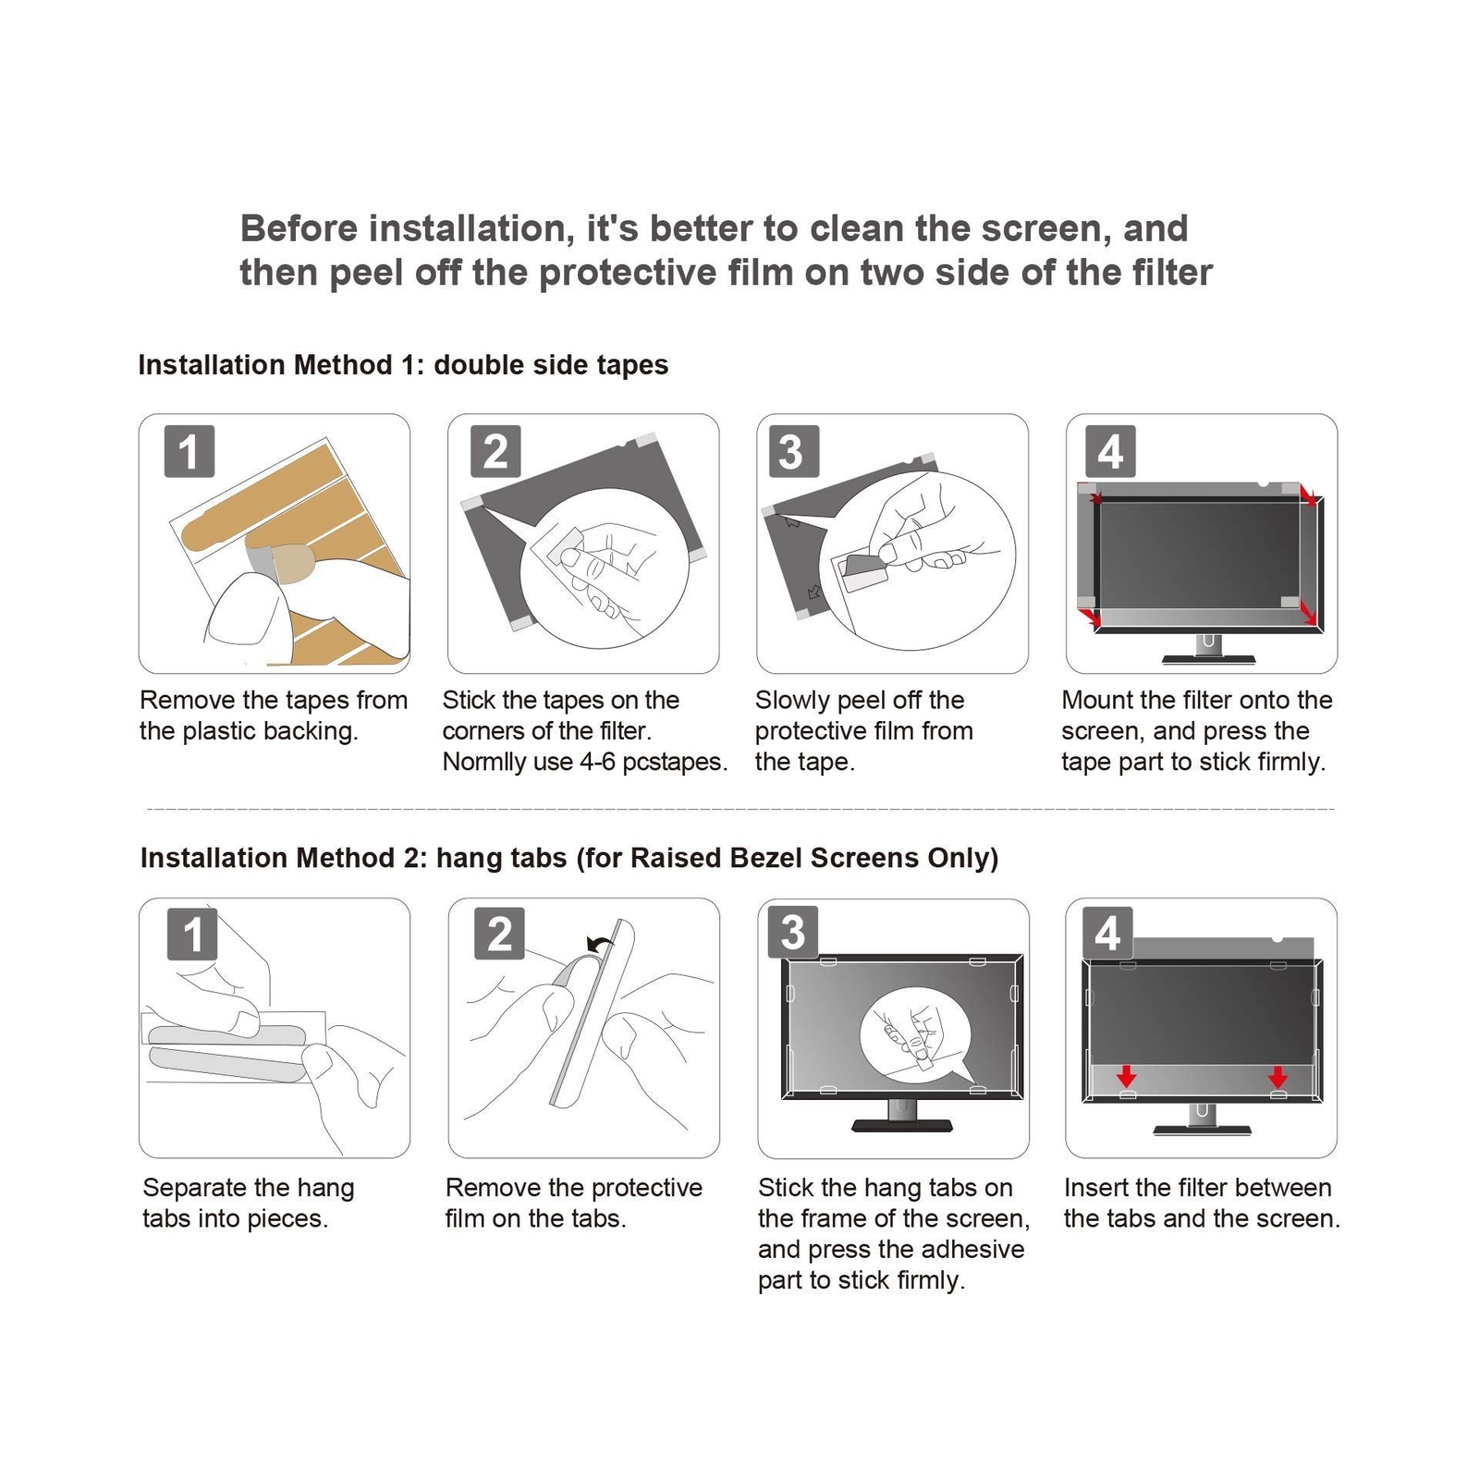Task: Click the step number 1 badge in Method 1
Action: pyautogui.click(x=189, y=451)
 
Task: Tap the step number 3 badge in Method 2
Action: pyautogui.click(x=793, y=933)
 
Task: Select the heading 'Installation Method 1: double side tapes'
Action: pyautogui.click(x=403, y=365)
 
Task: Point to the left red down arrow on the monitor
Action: pyautogui.click(x=1126, y=1076)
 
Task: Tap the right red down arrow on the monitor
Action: pyautogui.click(x=1277, y=1076)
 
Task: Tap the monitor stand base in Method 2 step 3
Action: pyautogui.click(x=901, y=1125)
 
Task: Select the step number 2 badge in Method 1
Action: pyautogui.click(x=495, y=451)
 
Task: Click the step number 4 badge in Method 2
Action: pyautogui.click(x=1107, y=933)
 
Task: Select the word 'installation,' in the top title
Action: pyautogui.click(x=471, y=228)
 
